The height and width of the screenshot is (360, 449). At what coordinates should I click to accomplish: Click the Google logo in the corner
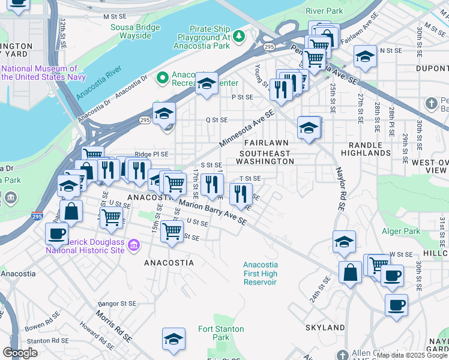(20, 353)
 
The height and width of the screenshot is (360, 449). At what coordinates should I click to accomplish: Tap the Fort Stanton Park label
(221, 333)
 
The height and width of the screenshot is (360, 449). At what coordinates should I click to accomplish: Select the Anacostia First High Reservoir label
(260, 274)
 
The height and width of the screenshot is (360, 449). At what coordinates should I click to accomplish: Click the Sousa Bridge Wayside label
(131, 31)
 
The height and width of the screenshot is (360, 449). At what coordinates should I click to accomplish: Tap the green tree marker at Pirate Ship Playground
(239, 37)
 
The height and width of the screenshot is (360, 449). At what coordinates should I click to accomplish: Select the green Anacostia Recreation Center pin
(161, 78)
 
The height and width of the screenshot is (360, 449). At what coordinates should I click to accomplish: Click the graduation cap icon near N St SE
(365, 56)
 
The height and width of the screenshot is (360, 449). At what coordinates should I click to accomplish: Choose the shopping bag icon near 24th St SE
(350, 272)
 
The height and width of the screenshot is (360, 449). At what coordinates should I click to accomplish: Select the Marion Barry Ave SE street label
(213, 213)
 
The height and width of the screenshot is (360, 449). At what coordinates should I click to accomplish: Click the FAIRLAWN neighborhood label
(266, 143)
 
